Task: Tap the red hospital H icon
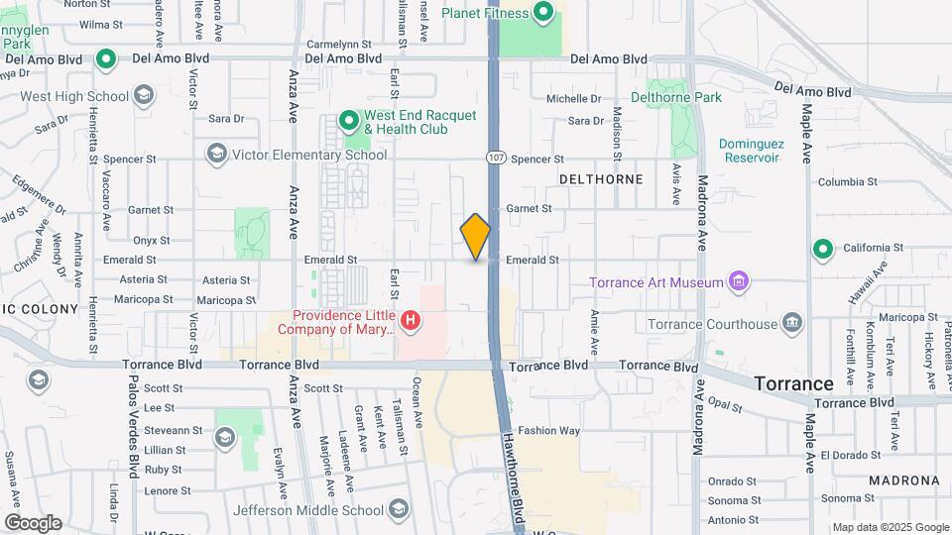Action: click(410, 320)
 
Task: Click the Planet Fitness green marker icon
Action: click(543, 13)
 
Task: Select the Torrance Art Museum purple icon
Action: click(737, 282)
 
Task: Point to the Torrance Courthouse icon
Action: click(791, 324)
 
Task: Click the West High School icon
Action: click(145, 96)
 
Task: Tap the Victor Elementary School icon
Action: click(216, 154)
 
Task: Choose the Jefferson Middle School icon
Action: click(399, 510)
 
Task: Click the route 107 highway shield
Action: click(495, 158)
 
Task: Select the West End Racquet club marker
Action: click(348, 122)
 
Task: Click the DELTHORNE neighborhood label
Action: click(601, 179)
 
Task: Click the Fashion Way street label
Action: click(548, 431)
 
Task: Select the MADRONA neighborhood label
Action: click(902, 481)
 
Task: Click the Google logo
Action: click(33, 523)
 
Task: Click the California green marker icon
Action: click(821, 248)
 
